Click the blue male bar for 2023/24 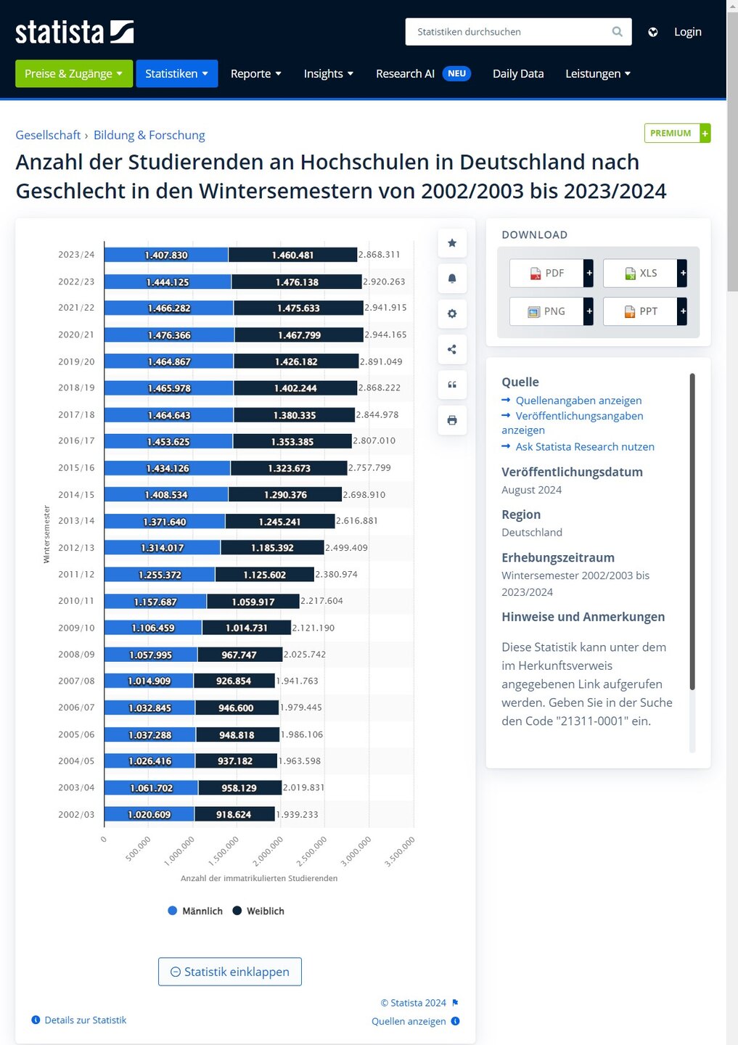coord(166,255)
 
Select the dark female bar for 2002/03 coord(234,814)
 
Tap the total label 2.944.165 coord(385,335)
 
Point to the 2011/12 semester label coord(76,574)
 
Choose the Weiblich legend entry coord(258,911)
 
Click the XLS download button coord(641,273)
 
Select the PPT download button coord(641,311)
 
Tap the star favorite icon coord(452,243)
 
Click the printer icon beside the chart coord(452,420)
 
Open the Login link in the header coord(687,32)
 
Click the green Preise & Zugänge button coord(73,73)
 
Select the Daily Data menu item coord(517,73)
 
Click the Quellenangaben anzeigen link coord(578,401)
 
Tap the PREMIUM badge coord(671,134)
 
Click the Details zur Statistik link coord(85,1020)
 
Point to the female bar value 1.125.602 coord(264,575)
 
